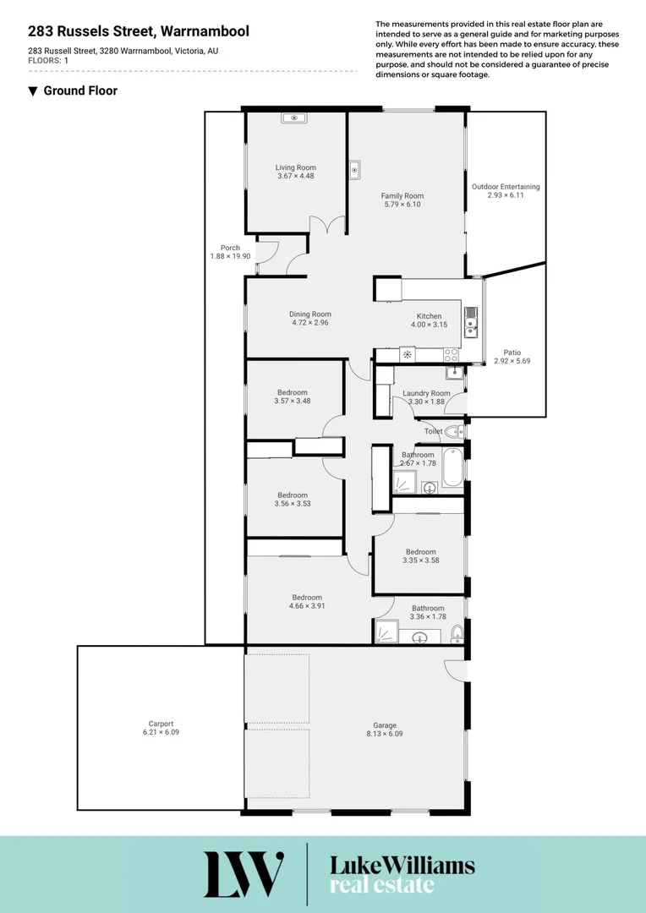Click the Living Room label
(295, 167)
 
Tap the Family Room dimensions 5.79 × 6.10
(402, 205)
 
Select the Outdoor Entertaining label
(506, 187)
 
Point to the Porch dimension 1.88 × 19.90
(230, 256)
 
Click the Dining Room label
(309, 314)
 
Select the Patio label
(512, 352)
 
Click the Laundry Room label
(426, 393)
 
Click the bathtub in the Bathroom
(452, 468)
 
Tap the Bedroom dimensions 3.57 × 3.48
(293, 401)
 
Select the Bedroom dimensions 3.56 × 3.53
(293, 504)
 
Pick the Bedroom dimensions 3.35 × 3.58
(420, 560)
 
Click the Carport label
(161, 724)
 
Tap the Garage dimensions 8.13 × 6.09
(385, 734)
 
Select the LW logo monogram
(244, 874)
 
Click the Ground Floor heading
(80, 90)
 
